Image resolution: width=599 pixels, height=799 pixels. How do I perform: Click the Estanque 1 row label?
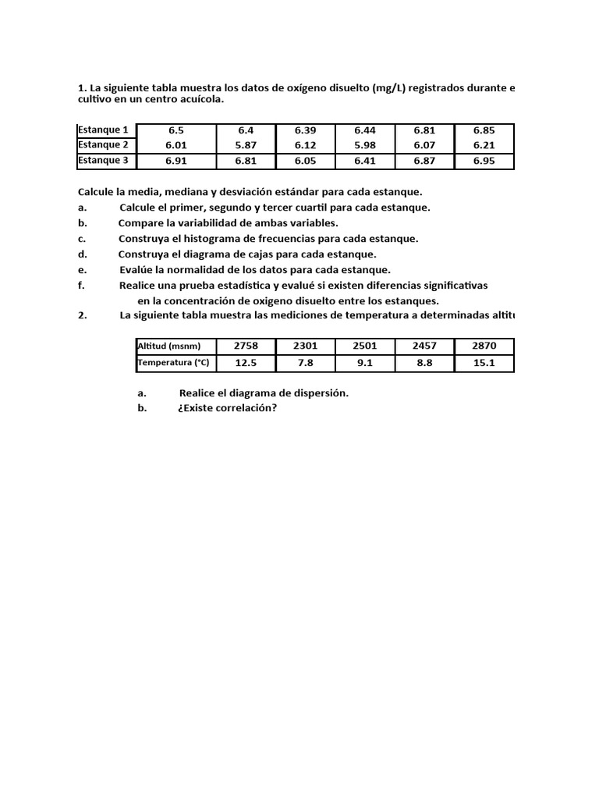(x=104, y=130)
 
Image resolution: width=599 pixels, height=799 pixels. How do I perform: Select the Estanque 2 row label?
(x=104, y=145)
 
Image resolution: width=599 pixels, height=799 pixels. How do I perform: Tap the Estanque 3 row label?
(x=104, y=161)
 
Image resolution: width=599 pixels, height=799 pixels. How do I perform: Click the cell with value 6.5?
(x=175, y=130)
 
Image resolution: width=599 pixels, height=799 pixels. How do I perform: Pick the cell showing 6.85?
(x=484, y=130)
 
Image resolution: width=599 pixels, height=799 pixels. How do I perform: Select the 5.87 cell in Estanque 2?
(x=246, y=146)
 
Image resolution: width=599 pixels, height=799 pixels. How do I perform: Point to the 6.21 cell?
(x=484, y=146)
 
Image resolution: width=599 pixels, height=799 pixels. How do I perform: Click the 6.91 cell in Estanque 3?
(x=175, y=162)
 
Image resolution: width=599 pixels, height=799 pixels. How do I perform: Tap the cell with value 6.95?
(x=484, y=162)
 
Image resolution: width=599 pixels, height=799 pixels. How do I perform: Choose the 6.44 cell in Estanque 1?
(x=365, y=130)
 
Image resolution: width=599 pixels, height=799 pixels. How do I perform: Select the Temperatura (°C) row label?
(x=173, y=363)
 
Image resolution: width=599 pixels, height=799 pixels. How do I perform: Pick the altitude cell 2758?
(x=246, y=346)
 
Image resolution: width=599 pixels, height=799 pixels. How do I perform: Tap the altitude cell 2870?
(x=484, y=346)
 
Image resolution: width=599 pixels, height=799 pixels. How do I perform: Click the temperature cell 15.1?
(x=484, y=363)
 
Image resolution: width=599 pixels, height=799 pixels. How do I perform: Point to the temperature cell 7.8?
(x=305, y=363)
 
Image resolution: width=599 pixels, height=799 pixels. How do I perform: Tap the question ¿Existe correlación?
(x=227, y=409)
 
